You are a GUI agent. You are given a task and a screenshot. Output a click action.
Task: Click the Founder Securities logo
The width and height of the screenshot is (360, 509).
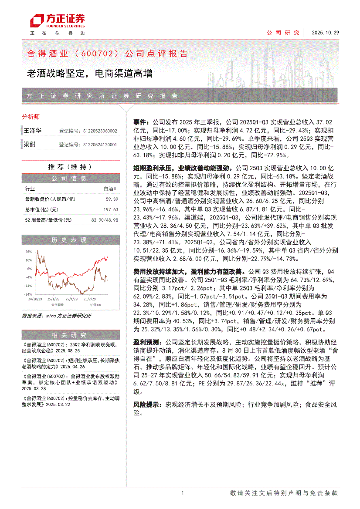tap(57, 21)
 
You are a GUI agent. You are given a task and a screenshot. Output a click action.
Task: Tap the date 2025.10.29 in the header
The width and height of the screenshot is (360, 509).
tap(325, 33)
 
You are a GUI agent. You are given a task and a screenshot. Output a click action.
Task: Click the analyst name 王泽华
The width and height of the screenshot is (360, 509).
tap(32, 131)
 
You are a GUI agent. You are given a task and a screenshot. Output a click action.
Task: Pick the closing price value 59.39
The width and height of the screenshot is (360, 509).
tap(112, 199)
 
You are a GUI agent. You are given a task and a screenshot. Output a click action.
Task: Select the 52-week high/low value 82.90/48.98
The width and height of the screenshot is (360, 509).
tap(105, 220)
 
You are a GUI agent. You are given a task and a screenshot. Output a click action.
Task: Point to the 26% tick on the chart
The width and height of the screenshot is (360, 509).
tap(28, 252)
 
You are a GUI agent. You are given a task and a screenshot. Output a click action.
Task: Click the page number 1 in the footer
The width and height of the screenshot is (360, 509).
tap(182, 493)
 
